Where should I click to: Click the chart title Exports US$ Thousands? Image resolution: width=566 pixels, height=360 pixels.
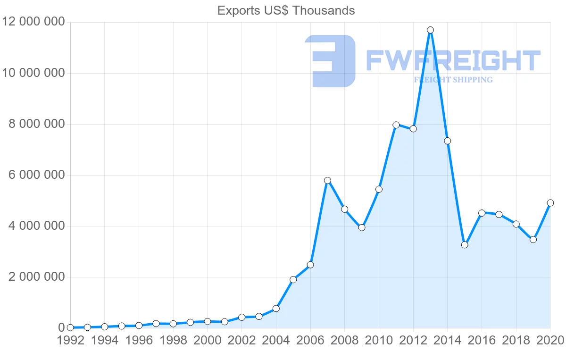286,10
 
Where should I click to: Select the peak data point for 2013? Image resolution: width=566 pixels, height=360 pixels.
430,30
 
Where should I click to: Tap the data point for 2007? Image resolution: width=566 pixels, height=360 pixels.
327,180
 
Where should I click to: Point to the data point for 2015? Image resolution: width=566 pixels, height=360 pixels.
465,245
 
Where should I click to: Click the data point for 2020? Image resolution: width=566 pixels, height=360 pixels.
550,203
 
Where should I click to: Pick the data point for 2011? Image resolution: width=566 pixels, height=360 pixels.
396,125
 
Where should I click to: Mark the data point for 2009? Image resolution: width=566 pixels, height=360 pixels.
362,227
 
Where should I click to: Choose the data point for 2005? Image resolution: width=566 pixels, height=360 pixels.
293,280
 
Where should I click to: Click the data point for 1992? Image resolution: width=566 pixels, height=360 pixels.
70,327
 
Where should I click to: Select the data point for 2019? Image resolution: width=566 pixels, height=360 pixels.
533,240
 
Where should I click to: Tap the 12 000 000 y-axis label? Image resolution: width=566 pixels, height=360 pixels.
33,22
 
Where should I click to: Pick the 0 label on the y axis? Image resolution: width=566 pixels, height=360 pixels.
61,328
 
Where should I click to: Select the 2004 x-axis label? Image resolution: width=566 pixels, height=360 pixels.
276,341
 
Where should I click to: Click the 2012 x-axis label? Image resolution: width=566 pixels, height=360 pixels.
413,341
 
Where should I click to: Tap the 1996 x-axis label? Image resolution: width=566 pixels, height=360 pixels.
139,341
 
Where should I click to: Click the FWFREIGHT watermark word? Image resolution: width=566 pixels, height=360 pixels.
453,61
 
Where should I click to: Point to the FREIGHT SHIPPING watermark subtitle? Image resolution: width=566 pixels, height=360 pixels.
453,80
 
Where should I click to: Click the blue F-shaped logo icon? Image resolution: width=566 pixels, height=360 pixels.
330,61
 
